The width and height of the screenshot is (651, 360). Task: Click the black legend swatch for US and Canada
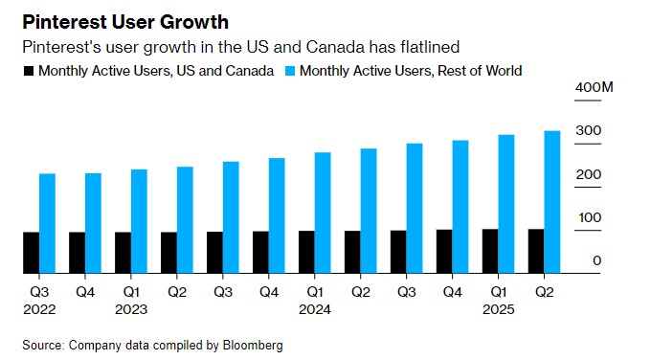pos(28,71)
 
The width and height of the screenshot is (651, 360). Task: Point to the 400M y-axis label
pos(593,89)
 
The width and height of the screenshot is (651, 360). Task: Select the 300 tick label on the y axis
pos(588,131)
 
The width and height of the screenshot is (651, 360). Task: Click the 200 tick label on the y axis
pos(588,175)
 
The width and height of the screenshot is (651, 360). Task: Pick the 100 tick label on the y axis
pos(588,217)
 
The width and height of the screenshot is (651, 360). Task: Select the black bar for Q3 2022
pos(31,253)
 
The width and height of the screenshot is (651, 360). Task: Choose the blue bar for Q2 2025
pos(552,202)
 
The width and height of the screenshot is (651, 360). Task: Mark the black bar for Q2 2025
pos(536,251)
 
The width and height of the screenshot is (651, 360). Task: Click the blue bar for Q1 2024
pos(323,213)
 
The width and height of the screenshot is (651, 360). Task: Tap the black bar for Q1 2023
pos(123,253)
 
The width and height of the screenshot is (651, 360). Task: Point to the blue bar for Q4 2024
pos(460,207)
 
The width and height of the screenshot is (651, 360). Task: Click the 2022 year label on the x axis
pos(39,310)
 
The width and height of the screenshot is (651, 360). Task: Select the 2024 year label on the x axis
pos(315,310)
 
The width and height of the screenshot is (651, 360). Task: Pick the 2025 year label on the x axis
pos(499,310)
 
